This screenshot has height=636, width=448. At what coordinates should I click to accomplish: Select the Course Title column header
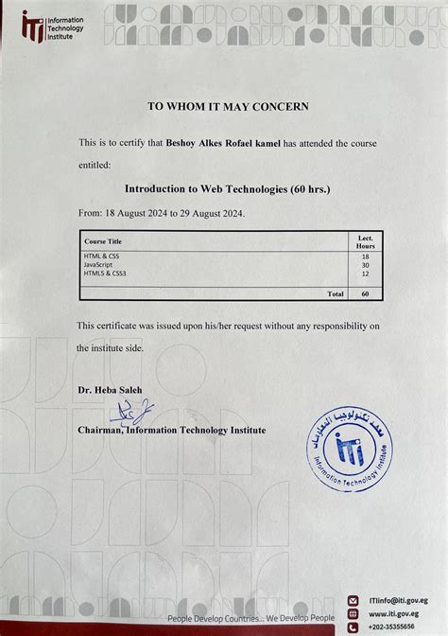point(103,241)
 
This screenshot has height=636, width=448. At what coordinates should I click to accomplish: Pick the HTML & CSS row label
point(101,256)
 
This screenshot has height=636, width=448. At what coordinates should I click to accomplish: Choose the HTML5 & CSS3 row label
point(105,274)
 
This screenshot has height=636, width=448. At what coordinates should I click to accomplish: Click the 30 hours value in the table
point(366,265)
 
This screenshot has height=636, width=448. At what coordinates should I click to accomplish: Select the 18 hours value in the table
point(366,256)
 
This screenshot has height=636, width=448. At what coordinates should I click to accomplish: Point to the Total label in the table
point(335,293)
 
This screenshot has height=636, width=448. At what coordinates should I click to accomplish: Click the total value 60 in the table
point(366,293)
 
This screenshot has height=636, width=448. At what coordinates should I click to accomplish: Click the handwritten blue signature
point(132,410)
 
